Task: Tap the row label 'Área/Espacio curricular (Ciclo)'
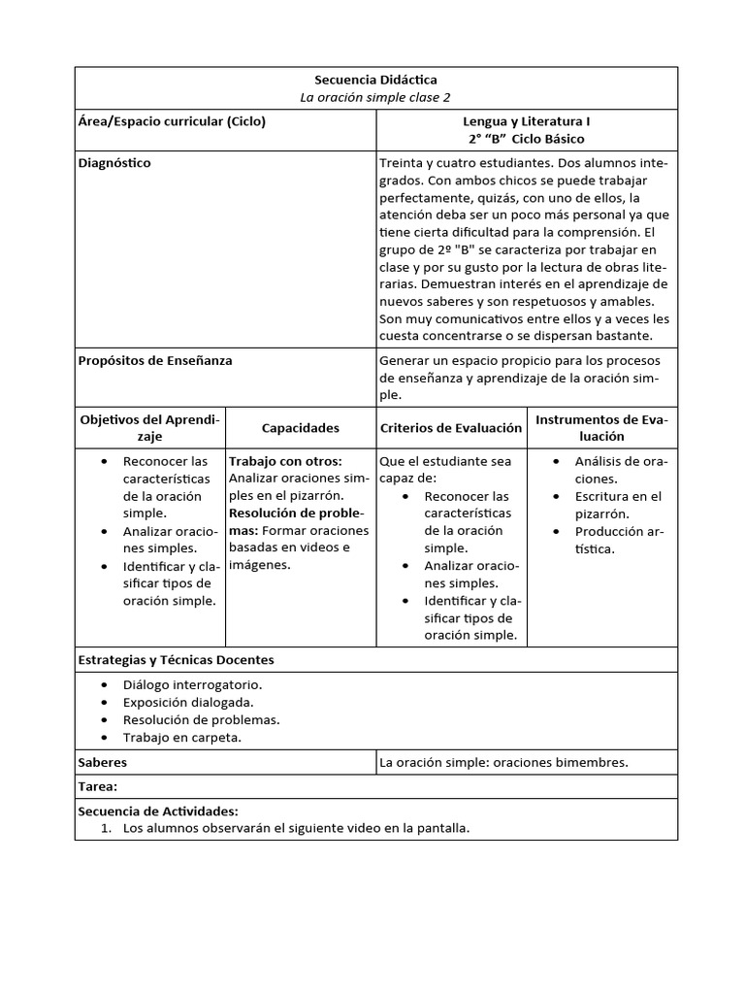172,122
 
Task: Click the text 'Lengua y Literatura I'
527,122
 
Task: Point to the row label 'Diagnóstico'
114,163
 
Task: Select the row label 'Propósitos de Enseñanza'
155,360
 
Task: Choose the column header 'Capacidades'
301,428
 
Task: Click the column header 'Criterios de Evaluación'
451,428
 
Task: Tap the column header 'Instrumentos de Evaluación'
602,428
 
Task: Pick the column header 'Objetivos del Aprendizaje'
150,428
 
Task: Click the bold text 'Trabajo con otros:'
285,461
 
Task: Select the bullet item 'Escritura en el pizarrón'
618,505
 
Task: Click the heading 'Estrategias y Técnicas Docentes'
176,660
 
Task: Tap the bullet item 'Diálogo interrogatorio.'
192,684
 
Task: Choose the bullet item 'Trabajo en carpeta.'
182,737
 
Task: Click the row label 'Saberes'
102,763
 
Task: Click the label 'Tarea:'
97,787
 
